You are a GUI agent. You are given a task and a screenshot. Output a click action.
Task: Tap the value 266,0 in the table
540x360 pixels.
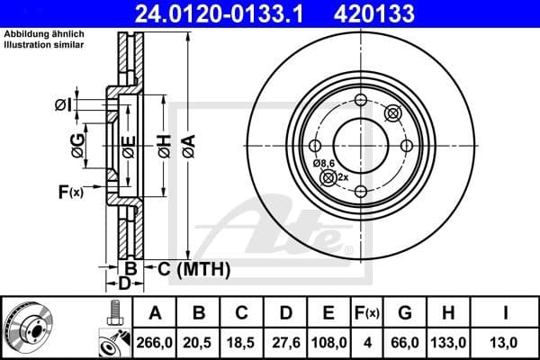[x=154, y=342]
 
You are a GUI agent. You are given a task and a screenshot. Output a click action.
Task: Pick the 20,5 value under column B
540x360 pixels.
[x=200, y=342]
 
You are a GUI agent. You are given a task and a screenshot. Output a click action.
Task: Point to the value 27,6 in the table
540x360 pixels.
[x=285, y=342]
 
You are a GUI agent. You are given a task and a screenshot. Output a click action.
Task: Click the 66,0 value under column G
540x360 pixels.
[x=405, y=342]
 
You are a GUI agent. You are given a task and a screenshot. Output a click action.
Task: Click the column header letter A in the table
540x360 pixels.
[x=154, y=313]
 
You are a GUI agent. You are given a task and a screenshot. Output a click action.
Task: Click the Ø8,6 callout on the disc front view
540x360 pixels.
[x=323, y=163]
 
